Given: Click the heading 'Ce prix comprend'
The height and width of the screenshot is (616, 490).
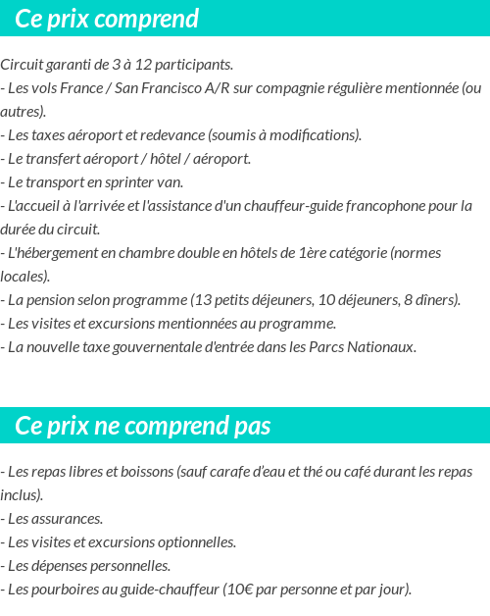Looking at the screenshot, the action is tap(107, 19).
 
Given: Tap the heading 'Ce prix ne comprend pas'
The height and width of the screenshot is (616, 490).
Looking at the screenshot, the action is tap(143, 426).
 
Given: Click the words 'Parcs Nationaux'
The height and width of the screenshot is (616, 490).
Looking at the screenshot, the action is tap(359, 347).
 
